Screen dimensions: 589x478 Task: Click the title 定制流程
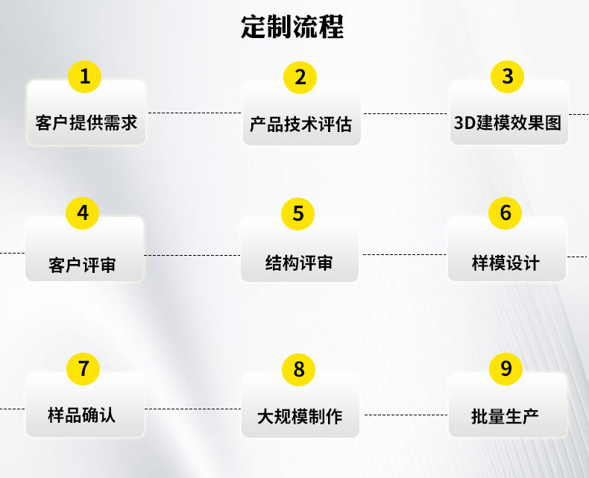[x=292, y=28]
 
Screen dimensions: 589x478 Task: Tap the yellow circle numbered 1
[x=85, y=77]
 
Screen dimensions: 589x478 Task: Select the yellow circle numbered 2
[x=300, y=77]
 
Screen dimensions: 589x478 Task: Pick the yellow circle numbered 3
[x=507, y=77]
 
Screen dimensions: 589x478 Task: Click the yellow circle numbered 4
[x=83, y=213]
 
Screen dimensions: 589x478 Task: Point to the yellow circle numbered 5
[x=298, y=214]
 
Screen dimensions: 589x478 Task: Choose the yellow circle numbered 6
[x=505, y=213]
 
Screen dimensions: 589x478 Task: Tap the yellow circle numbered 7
[x=84, y=368]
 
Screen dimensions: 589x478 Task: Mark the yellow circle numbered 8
[x=299, y=369]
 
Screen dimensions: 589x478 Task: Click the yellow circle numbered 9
[x=506, y=368]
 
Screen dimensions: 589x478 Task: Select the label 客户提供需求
[x=86, y=122]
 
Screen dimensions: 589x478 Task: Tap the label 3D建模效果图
[x=508, y=122]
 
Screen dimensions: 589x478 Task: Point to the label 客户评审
[x=83, y=265]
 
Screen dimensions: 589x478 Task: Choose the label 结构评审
[x=299, y=262]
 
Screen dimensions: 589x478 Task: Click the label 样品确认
[x=82, y=415]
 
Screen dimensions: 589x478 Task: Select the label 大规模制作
[x=300, y=416]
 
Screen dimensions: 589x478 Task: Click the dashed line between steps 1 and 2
[x=194, y=113]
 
